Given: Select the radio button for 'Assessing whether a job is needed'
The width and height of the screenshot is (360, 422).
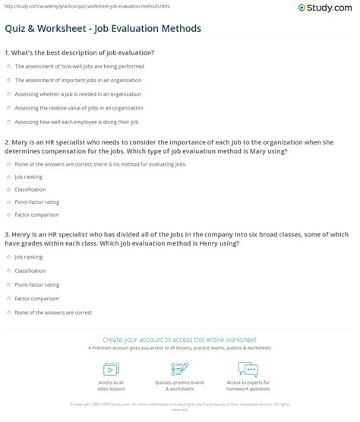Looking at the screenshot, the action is [8, 94].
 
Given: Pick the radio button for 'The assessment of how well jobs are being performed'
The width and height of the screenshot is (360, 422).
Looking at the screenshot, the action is [8, 66].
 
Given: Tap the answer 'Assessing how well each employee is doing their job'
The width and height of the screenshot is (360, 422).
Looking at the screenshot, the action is [8, 122].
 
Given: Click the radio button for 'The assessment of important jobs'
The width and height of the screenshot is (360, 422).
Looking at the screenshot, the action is [8, 81].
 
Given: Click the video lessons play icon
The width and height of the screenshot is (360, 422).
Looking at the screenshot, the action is [112, 370].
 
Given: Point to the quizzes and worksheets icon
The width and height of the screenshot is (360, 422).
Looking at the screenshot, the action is [180, 370].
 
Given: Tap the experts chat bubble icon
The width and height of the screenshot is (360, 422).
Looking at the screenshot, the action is [248, 370].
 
